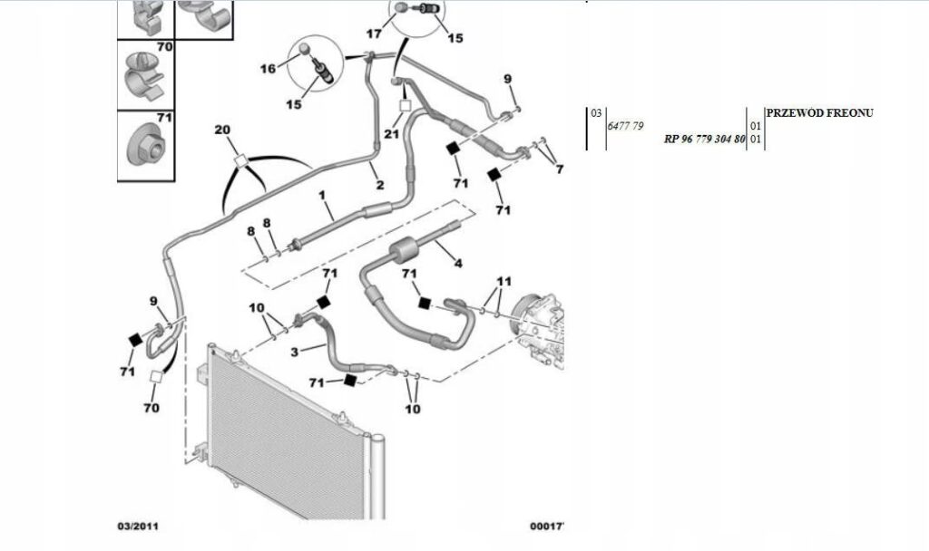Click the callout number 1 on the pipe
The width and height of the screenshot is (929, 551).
[x=321, y=195]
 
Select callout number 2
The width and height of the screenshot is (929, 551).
[x=379, y=185]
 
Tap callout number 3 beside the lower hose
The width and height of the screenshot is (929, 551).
[x=295, y=350]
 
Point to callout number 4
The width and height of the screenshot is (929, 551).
[x=458, y=264]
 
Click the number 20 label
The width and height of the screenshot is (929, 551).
[x=223, y=130]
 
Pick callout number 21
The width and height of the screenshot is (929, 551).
[x=392, y=134]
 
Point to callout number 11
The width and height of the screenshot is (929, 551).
[x=504, y=281]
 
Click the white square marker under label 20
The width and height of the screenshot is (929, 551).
[x=241, y=159]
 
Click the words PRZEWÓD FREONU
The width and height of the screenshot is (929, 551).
[x=819, y=112]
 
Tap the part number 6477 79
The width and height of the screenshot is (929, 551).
[x=624, y=126]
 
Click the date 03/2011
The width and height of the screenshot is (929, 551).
[x=141, y=526]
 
